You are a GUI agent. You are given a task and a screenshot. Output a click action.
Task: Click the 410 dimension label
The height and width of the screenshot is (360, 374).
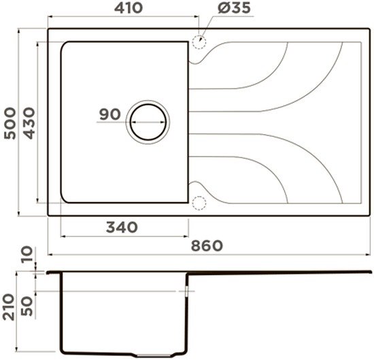(129, 8)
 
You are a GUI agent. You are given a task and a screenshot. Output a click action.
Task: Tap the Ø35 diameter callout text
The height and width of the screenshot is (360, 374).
(234, 8)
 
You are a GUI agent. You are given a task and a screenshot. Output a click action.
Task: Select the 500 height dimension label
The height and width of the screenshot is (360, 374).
(10, 123)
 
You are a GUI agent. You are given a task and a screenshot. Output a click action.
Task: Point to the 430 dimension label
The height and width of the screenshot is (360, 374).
(29, 123)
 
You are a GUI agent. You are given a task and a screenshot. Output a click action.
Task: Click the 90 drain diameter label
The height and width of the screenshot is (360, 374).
(110, 114)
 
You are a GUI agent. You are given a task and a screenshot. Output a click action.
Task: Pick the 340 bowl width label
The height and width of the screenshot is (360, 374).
(122, 227)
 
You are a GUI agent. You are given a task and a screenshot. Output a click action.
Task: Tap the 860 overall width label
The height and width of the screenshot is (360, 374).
(207, 246)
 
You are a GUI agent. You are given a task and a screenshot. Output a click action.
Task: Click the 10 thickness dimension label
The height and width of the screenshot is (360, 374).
(27, 255)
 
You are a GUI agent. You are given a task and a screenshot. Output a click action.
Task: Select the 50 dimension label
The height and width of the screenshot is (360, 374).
(27, 306)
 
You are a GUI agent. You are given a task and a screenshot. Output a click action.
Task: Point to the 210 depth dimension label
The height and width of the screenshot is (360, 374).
(8, 307)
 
